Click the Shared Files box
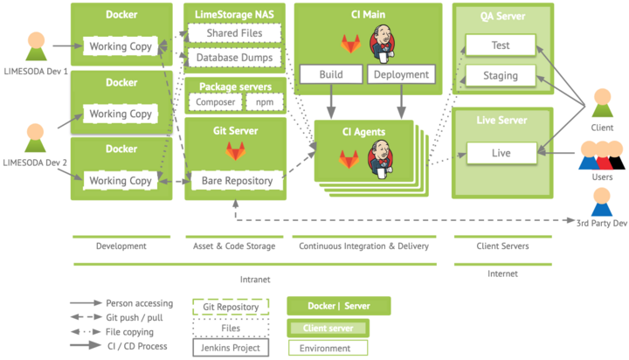(235, 33)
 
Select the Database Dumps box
(235, 58)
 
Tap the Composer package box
(216, 102)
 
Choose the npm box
(265, 102)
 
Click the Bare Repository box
(237, 181)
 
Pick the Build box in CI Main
(331, 74)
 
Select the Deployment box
(401, 74)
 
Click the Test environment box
(501, 45)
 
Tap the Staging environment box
(501, 75)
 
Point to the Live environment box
(501, 153)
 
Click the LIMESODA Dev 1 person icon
(36, 46)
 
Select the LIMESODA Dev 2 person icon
(35, 138)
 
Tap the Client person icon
(603, 103)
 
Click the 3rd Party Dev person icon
(602, 202)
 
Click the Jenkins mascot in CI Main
(383, 44)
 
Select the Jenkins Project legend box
(231, 348)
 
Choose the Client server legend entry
(328, 329)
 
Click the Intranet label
(255, 280)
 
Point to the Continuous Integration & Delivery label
(363, 246)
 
